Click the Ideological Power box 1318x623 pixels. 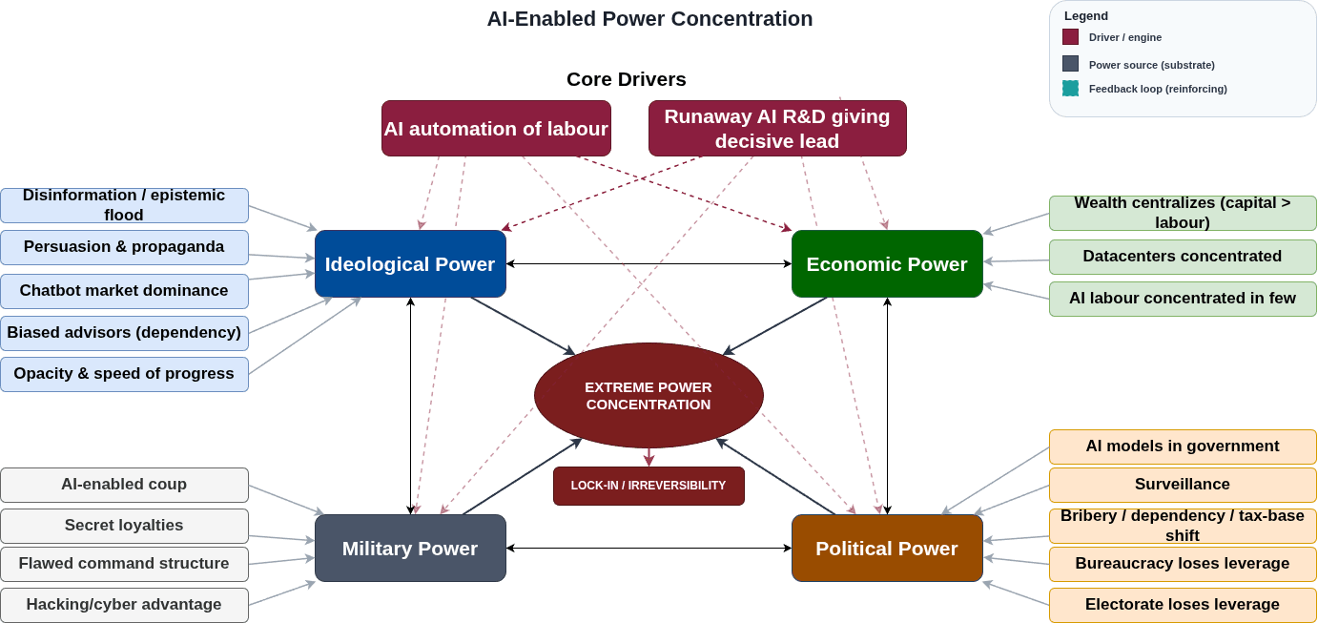pyautogui.click(x=410, y=264)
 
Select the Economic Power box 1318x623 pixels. pyautogui.click(x=887, y=264)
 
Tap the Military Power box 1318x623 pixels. pyautogui.click(x=410, y=549)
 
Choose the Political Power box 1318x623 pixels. pyautogui.click(x=887, y=549)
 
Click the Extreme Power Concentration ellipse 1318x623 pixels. pyautogui.click(x=649, y=396)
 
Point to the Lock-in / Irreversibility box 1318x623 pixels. pyautogui.click(x=649, y=486)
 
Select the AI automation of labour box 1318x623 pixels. pyautogui.click(x=496, y=129)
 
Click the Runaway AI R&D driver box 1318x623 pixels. pyautogui.click(x=777, y=129)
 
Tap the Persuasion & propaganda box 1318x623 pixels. pyautogui.click(x=124, y=247)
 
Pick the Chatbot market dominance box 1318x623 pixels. pyautogui.click(x=124, y=291)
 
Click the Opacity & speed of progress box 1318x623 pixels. pyautogui.click(x=124, y=374)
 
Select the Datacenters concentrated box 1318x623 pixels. pyautogui.click(x=1183, y=257)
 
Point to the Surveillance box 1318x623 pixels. pyautogui.click(x=1183, y=485)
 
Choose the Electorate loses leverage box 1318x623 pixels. pyautogui.click(x=1183, y=605)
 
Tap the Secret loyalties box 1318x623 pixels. pyautogui.click(x=124, y=526)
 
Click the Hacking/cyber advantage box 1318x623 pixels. pyautogui.click(x=124, y=605)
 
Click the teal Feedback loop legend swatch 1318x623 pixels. pyautogui.click(x=1070, y=89)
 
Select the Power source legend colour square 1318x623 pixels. pyautogui.click(x=1070, y=64)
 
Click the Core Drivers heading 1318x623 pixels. pyautogui.click(x=626, y=79)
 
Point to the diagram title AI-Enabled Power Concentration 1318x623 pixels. pyautogui.click(x=649, y=19)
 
